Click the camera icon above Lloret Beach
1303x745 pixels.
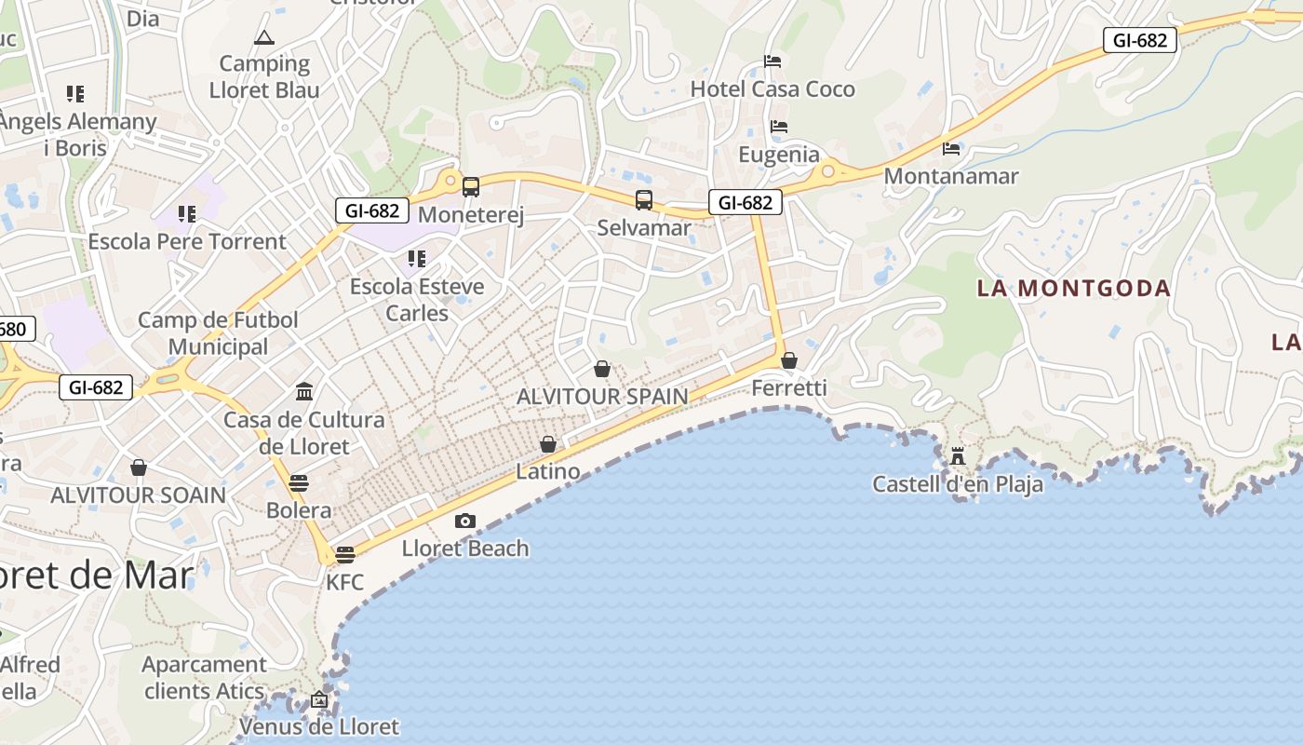tap(464, 521)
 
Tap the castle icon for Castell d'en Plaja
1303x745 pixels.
tap(958, 456)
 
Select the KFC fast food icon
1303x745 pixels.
tap(345, 555)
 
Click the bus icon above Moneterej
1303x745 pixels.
tap(471, 187)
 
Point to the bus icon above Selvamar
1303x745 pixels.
tap(644, 199)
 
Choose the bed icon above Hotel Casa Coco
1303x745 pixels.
tap(772, 61)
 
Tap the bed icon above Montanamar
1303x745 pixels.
tap(951, 148)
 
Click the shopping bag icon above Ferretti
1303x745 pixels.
tap(789, 360)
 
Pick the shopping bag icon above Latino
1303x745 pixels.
tap(548, 444)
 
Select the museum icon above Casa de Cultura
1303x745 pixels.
tap(304, 391)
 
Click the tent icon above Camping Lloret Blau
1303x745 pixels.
tap(264, 37)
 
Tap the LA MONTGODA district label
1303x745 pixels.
tap(1073, 289)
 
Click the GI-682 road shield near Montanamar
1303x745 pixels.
tap(1139, 40)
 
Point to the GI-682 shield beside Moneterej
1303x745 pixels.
tap(372, 210)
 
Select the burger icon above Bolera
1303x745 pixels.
tap(299, 483)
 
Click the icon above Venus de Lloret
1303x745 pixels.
tap(319, 698)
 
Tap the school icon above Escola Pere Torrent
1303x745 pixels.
tap(187, 214)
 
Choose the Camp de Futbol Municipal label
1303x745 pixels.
tap(219, 333)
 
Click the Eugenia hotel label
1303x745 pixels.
tap(779, 155)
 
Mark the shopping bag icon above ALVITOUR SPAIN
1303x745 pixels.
tap(602, 370)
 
